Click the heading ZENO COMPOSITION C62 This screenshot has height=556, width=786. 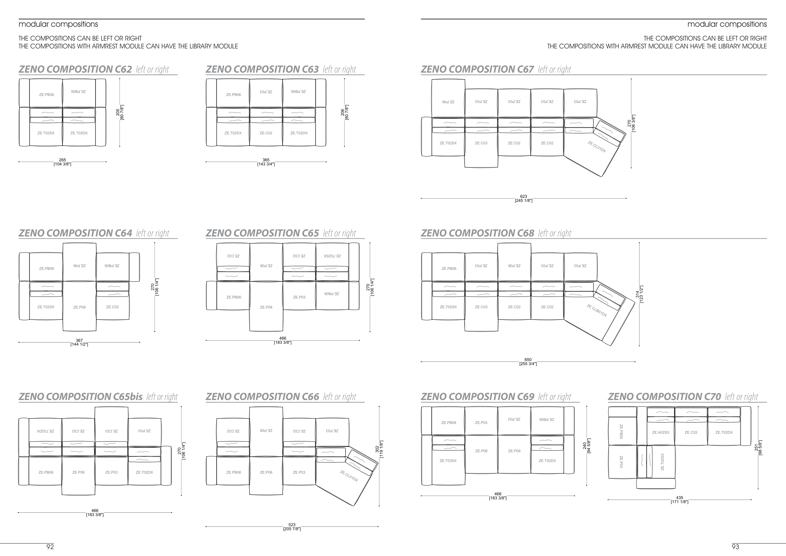[x=75, y=69]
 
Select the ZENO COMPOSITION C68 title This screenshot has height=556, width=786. [x=477, y=233]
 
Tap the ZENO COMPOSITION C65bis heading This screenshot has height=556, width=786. [x=80, y=397]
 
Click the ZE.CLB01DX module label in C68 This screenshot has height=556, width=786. [x=597, y=310]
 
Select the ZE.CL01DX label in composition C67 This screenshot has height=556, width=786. [x=597, y=147]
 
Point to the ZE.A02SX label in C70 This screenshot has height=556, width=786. [x=660, y=432]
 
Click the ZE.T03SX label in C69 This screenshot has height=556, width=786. [x=448, y=461]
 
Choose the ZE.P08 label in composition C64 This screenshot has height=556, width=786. [x=80, y=308]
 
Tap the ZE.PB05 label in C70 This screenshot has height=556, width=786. [x=621, y=432]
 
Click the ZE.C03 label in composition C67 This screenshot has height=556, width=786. [x=481, y=143]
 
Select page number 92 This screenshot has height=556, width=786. [x=50, y=547]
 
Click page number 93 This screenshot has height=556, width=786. [x=735, y=547]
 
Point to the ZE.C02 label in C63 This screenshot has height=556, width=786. [x=266, y=133]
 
